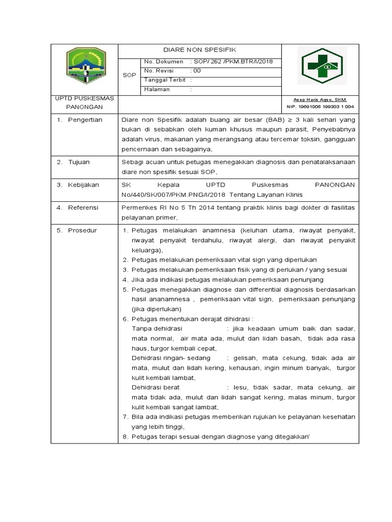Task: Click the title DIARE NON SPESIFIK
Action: click(x=200, y=51)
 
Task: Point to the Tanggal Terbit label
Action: click(x=164, y=80)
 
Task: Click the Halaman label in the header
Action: click(x=157, y=89)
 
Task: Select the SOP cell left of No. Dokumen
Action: click(x=129, y=75)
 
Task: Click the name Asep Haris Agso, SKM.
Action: click(x=320, y=99)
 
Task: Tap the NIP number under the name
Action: click(x=320, y=107)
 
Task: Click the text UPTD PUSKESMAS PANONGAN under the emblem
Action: click(x=84, y=102)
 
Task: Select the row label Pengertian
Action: click(x=85, y=120)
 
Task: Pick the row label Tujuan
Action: click(x=79, y=162)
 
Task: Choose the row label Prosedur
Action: click(x=82, y=230)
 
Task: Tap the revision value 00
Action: click(x=197, y=70)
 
